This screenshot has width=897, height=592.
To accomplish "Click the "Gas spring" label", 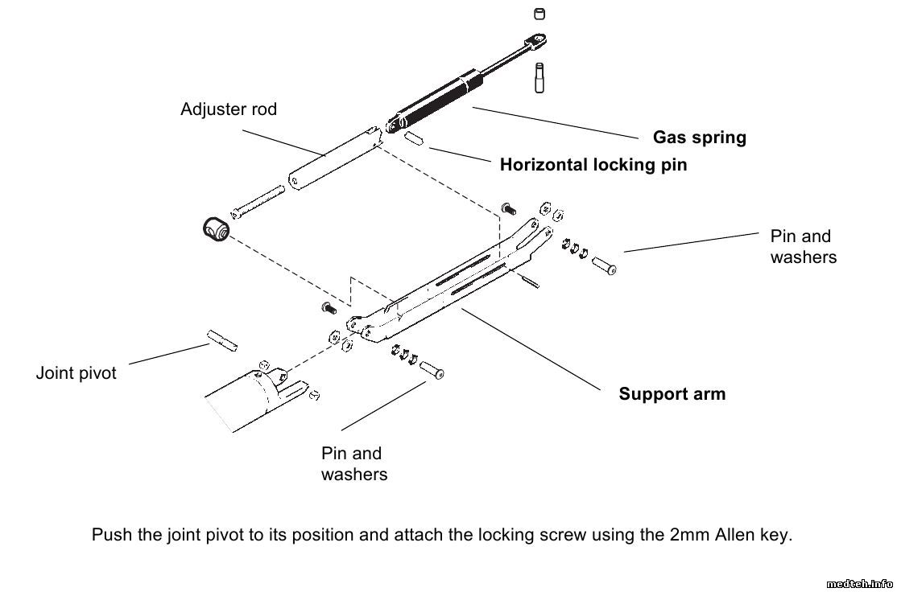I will pos(699,138).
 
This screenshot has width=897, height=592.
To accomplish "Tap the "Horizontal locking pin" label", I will pos(593,165).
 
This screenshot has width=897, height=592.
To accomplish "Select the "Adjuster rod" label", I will pos(229,109).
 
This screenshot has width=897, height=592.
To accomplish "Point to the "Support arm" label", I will pos(672,394).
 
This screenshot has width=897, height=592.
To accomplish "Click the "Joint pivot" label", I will pos(76,373).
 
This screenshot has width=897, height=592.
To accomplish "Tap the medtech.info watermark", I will pos(860,583).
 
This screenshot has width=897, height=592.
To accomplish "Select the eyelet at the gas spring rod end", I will pos(537,38).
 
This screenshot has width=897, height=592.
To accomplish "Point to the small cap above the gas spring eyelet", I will pos(540,13).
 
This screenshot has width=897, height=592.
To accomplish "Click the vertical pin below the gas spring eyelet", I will pos(540,77).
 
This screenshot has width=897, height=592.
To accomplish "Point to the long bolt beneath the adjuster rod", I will pos(258,201).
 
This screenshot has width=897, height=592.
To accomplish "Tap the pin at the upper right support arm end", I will pos(605,265).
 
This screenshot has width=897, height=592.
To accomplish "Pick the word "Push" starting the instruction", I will pos(112,535).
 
